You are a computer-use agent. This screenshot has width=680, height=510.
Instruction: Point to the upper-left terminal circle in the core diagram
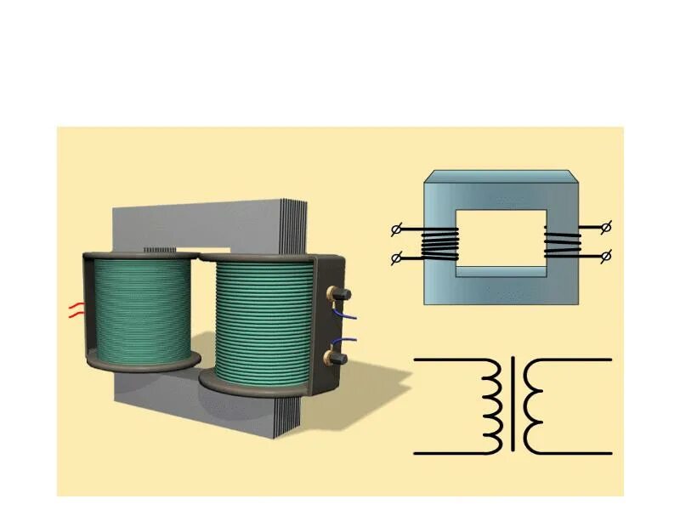(x=395, y=229)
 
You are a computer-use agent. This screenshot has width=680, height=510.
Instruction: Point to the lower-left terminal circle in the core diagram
(x=395, y=258)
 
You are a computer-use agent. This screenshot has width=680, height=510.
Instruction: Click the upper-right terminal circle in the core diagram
(x=606, y=227)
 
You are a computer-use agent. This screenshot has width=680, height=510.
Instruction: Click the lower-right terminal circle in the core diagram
(x=606, y=255)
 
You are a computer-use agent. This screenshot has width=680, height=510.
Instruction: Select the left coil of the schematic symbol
(x=490, y=406)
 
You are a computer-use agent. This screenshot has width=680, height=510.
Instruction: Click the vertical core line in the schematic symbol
(x=513, y=406)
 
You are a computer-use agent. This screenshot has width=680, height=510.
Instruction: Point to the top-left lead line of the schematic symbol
(x=446, y=360)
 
